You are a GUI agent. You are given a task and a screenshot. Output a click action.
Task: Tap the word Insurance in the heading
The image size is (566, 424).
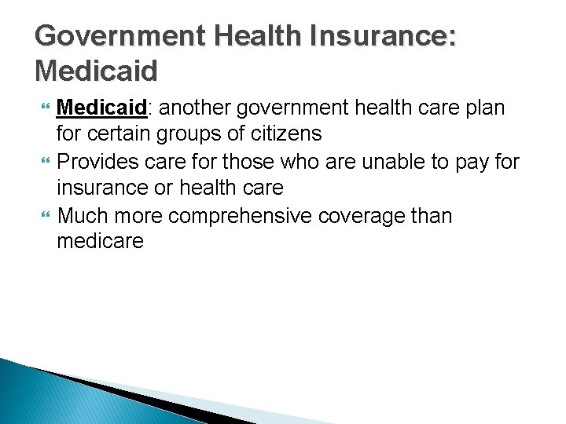[x=383, y=36]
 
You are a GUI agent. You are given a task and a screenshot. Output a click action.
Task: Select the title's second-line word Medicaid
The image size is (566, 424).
[x=97, y=71]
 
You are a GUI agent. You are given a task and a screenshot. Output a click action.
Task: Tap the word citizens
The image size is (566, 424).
[x=282, y=133]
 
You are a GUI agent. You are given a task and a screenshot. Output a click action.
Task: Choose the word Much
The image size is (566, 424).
[x=83, y=214]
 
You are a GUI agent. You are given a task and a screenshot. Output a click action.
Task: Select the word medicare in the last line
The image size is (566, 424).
[x=101, y=241]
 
